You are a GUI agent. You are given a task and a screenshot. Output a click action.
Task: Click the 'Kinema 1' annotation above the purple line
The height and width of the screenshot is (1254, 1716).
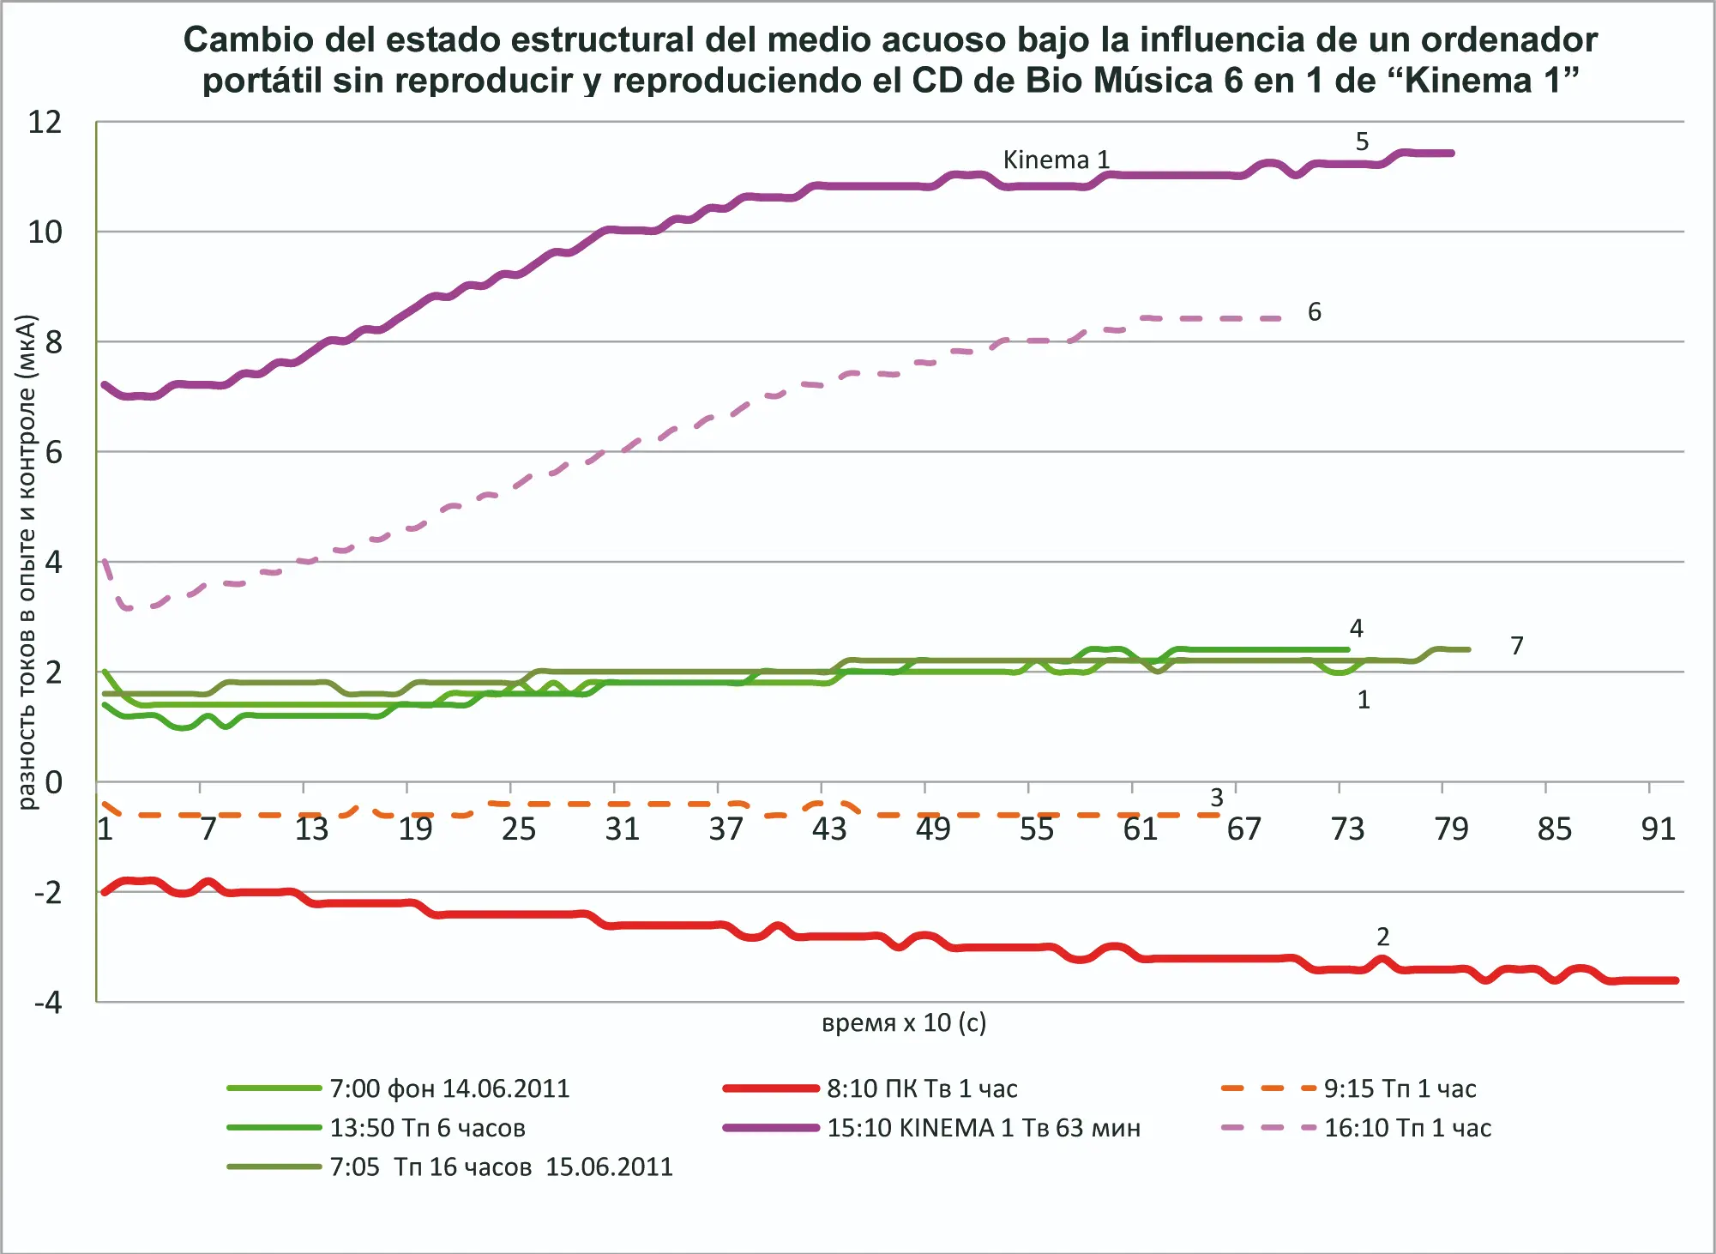[1056, 160]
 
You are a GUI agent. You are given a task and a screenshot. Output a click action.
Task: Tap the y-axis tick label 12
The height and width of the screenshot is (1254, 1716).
[45, 123]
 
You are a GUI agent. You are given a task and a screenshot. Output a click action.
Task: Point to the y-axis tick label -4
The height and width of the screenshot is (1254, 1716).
[48, 1002]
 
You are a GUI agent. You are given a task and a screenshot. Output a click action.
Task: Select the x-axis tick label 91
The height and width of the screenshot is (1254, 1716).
[1658, 829]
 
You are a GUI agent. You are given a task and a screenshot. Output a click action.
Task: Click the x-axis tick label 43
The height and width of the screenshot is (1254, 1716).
[829, 829]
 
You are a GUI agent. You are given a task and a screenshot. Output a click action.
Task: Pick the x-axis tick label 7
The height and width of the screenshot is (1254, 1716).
[208, 829]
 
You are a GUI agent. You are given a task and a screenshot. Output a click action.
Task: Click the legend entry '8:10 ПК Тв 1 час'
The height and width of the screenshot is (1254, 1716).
[921, 1088]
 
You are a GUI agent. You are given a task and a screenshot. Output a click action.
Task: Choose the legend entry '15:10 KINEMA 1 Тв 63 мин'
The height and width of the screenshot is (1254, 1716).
[983, 1128]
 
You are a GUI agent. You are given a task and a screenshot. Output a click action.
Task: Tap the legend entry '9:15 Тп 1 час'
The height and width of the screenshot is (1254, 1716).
[1400, 1088]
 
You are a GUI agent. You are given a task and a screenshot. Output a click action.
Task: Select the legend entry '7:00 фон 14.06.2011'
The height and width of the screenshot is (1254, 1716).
[449, 1088]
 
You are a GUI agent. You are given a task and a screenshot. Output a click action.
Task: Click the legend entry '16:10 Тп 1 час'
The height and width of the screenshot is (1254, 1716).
[1407, 1128]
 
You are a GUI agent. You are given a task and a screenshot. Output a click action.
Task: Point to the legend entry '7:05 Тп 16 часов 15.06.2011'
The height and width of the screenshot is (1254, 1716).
[501, 1167]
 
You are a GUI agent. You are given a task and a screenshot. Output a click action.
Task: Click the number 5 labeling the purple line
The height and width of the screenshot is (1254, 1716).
[1362, 142]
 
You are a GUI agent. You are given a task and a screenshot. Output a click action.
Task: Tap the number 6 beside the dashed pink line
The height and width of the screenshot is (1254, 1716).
[1314, 312]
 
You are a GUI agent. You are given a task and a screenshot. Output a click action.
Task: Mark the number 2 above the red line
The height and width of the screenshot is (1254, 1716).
[1382, 937]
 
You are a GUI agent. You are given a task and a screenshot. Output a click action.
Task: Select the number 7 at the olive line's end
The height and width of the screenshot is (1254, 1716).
[1516, 646]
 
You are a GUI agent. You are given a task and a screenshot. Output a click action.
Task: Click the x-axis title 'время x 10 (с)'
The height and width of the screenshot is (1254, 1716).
[904, 1022]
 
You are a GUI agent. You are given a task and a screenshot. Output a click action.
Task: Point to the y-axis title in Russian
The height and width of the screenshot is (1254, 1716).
[27, 562]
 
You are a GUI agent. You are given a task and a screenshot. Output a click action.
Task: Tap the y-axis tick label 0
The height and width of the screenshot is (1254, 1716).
[54, 782]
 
